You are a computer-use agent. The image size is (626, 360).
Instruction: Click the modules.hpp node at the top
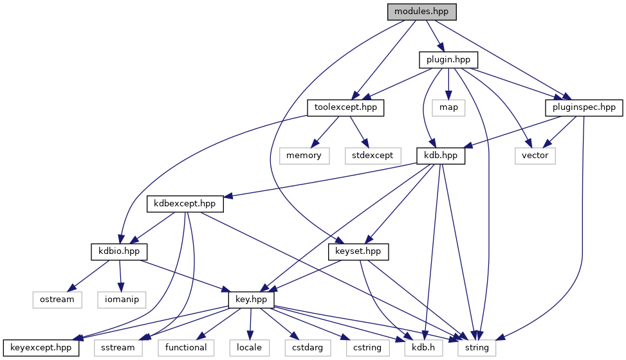click(421, 12)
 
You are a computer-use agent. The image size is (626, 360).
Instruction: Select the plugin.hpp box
click(448, 60)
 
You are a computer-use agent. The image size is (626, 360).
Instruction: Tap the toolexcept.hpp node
click(345, 107)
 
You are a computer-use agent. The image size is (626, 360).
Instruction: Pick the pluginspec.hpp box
click(584, 107)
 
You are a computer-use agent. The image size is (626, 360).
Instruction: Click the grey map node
click(448, 107)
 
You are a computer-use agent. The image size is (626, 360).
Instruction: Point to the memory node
click(304, 156)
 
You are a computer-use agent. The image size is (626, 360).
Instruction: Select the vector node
click(535, 156)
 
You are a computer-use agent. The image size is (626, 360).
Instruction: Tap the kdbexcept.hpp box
click(185, 204)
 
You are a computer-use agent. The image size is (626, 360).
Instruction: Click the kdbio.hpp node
click(119, 251)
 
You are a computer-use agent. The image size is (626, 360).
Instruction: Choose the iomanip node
click(122, 300)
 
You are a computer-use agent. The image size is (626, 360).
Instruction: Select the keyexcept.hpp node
click(41, 348)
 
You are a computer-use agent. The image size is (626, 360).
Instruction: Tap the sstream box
click(118, 348)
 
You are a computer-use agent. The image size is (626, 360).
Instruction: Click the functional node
click(185, 348)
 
